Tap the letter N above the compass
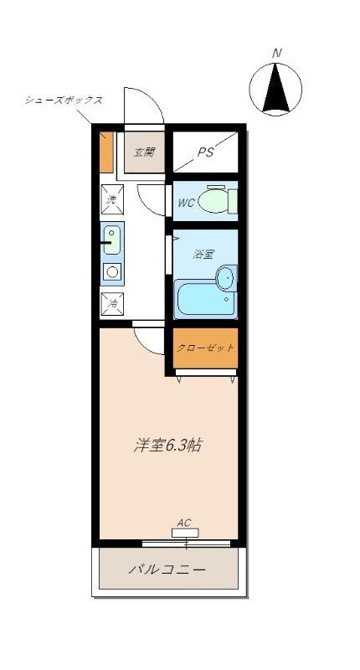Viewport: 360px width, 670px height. [277, 54]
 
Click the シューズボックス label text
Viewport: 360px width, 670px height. [64, 100]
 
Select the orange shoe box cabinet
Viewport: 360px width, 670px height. [106, 152]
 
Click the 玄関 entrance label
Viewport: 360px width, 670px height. [144, 152]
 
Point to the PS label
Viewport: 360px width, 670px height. [206, 152]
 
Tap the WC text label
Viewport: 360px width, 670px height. [186, 203]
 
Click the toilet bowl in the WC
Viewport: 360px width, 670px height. [216, 201]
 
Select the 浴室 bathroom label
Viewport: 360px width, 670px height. [203, 254]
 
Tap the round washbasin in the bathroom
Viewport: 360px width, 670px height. [226, 277]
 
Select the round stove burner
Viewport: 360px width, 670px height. [112, 271]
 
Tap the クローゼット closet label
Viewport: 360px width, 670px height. [205, 347]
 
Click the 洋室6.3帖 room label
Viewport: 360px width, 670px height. [167, 445]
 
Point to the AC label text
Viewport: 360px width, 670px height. [184, 522]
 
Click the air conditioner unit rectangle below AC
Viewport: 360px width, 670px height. [185, 532]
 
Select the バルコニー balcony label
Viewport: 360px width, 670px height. [167, 569]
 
